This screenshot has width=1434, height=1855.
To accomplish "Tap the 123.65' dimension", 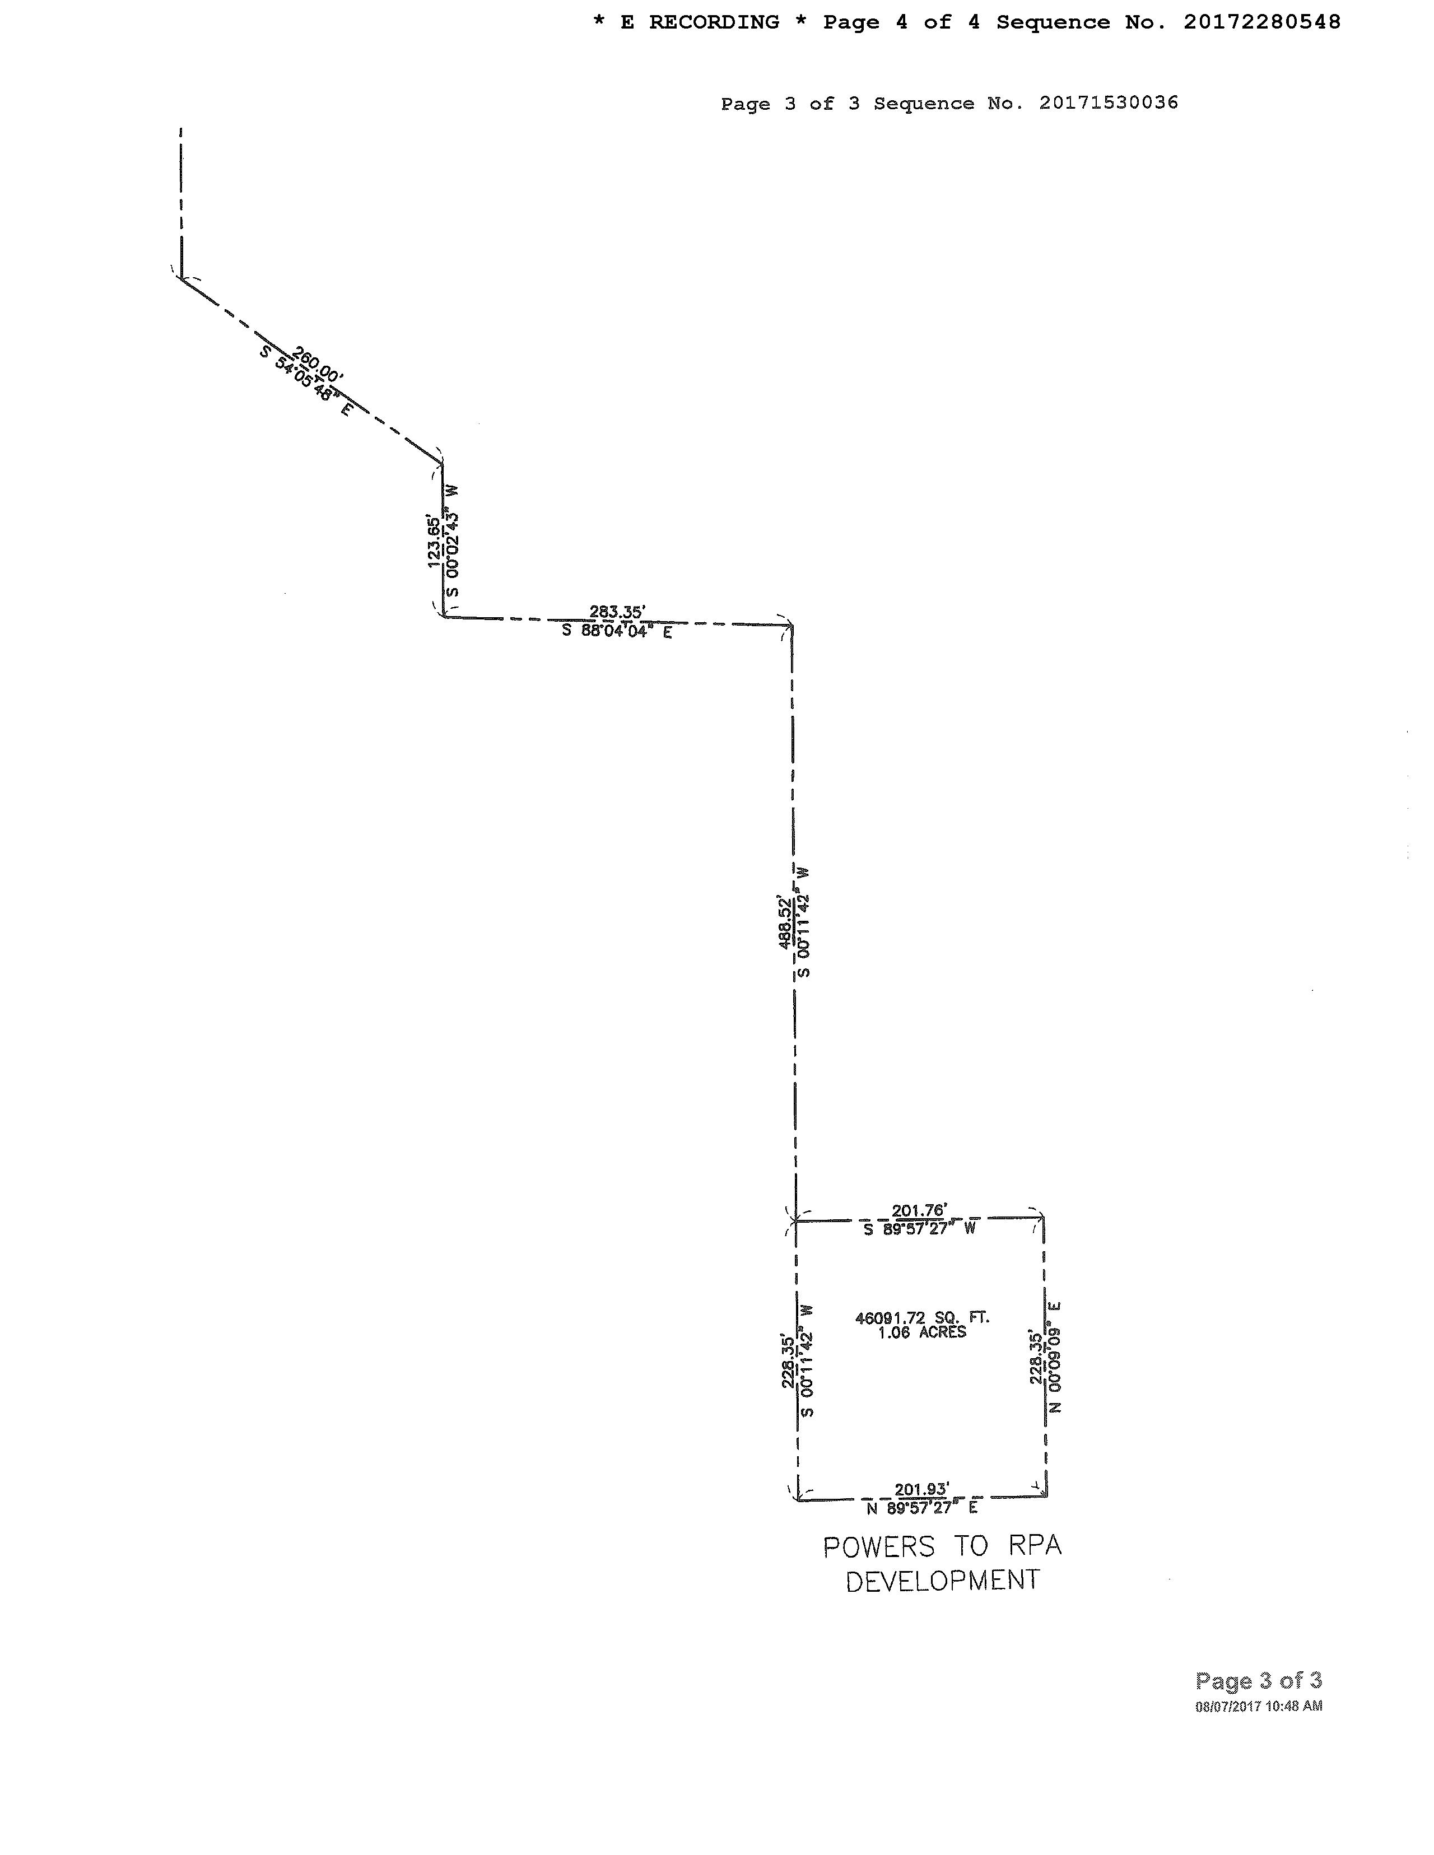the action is pos(434,541).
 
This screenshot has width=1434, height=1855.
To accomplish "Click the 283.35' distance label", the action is pos(618,612).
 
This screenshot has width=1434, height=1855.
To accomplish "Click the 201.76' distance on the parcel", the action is pos(919,1209).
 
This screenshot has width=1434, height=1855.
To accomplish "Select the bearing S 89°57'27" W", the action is pos(919,1229).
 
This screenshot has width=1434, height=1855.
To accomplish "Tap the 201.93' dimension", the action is pos(921,1489).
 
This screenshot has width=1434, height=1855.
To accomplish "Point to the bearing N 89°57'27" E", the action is pos(921,1508).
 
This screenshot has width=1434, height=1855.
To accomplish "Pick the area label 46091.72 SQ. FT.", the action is pos(921,1317).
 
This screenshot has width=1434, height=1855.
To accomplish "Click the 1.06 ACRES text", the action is pos(921,1332).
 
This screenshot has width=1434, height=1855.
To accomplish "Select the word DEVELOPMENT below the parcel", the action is pos(943,1581).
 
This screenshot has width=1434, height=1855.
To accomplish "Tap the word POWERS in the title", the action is pos(878,1547).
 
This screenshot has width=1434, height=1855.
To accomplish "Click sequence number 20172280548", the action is pos(1261,22).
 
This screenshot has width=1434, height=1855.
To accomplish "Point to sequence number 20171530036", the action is pos(1108,102).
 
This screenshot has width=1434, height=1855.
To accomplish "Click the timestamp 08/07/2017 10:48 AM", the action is pos(1258,1705).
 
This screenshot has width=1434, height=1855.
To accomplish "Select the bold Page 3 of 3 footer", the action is pos(1258,1680).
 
